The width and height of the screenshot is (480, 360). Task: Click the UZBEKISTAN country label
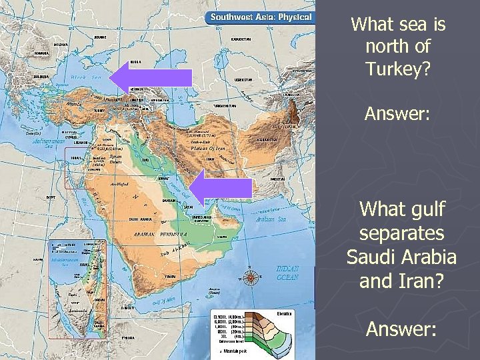coord(243,79)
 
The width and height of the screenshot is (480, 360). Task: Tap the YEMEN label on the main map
coord(171,276)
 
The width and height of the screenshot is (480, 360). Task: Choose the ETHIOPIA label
coord(128,338)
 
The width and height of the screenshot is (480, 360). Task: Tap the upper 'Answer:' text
coord(398,114)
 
